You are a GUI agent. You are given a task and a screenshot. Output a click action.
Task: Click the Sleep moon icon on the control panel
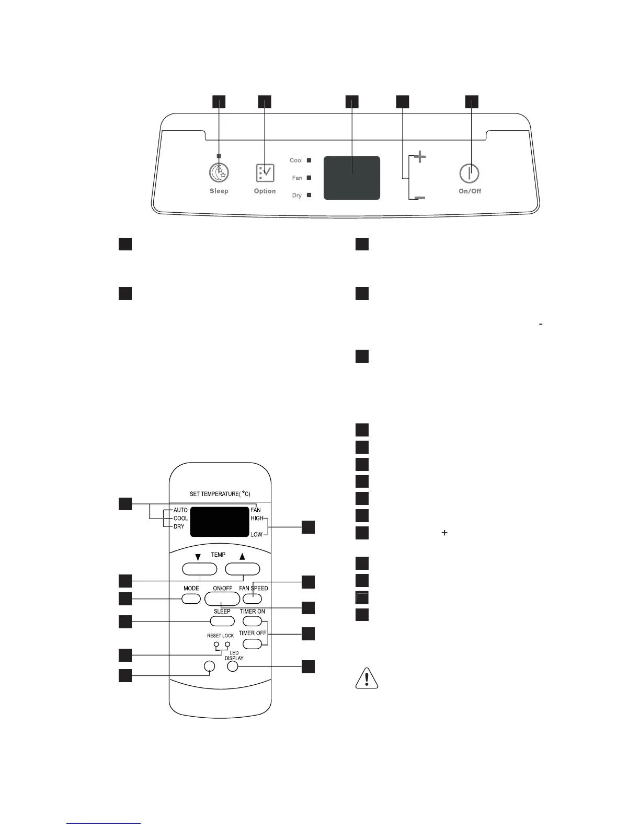(219, 172)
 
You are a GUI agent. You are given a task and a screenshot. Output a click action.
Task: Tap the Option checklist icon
(265, 172)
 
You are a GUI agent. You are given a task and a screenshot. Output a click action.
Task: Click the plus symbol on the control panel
(419, 157)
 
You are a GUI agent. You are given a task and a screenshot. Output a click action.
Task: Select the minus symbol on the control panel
(419, 198)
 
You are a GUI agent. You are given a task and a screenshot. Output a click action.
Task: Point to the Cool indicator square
(309, 160)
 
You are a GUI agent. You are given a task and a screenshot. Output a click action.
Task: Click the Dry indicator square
(309, 195)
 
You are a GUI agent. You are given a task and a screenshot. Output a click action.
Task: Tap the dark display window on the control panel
(352, 178)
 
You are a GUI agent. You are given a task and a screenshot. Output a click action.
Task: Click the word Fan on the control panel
(297, 178)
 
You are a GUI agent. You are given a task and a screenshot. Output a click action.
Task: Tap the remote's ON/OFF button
(222, 599)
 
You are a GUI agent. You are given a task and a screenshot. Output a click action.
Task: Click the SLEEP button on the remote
(222, 621)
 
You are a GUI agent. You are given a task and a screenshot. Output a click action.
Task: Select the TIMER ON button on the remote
(252, 621)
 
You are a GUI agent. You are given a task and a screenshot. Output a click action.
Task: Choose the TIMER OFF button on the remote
(252, 642)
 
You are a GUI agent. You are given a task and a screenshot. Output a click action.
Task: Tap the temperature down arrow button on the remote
(199, 569)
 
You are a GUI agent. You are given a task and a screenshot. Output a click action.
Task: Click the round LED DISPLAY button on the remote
(233, 666)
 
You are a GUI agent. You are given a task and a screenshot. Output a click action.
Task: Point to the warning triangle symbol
(367, 678)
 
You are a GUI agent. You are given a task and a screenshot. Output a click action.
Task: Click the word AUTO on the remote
(180, 510)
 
